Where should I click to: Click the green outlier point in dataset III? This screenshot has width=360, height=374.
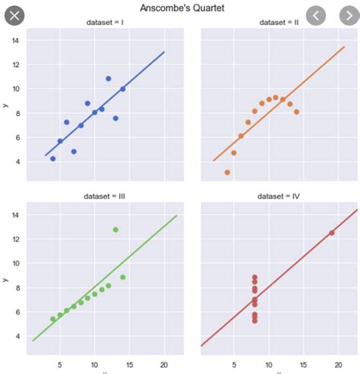point(115,230)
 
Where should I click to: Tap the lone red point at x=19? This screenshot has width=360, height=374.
point(332,233)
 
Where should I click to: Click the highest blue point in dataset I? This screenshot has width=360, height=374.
point(109,78)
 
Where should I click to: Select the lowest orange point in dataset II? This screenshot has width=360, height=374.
point(227,172)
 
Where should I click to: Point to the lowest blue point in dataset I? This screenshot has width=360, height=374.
point(52,159)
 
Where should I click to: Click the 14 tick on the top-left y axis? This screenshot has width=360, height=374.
point(15,40)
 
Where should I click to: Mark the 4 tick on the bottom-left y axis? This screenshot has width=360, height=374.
point(15,336)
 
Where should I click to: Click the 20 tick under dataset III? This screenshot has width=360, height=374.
point(164,364)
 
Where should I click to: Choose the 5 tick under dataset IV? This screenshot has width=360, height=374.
point(234,364)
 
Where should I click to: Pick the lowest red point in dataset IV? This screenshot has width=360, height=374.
point(254,320)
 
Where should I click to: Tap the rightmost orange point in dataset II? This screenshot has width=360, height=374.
point(296,112)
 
